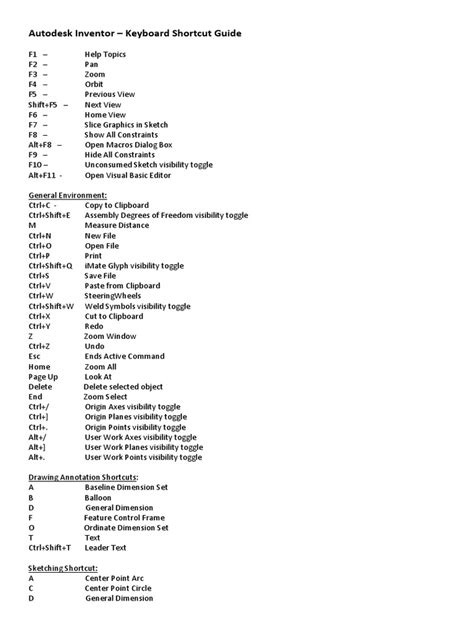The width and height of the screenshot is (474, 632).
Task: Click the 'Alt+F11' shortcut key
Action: pyautogui.click(x=45, y=175)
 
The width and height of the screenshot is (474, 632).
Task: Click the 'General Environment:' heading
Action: pyautogui.click(x=68, y=195)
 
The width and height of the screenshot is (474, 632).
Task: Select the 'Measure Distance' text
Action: pyautogui.click(x=123, y=225)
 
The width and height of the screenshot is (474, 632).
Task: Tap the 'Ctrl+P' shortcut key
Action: pyautogui.click(x=38, y=255)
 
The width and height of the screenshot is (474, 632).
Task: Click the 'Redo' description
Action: pyautogui.click(x=94, y=326)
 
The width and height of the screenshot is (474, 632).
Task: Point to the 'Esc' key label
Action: pyautogui.click(x=34, y=356)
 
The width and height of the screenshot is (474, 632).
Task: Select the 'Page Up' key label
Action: pyautogui.click(x=43, y=376)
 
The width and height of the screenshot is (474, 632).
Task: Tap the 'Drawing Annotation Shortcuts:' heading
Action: pyautogui.click(x=84, y=477)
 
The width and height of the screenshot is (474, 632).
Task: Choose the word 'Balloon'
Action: pyautogui.click(x=99, y=497)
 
